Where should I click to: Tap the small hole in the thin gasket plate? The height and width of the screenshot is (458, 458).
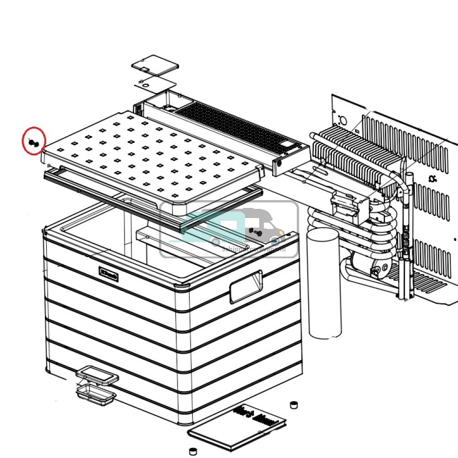[x=143, y=83]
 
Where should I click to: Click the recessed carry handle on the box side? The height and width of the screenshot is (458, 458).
[x=246, y=286]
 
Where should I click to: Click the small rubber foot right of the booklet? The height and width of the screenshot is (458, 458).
[x=294, y=405]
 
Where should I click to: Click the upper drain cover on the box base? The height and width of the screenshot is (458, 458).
[x=97, y=376]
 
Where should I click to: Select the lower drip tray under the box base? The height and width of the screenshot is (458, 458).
[x=95, y=394]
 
